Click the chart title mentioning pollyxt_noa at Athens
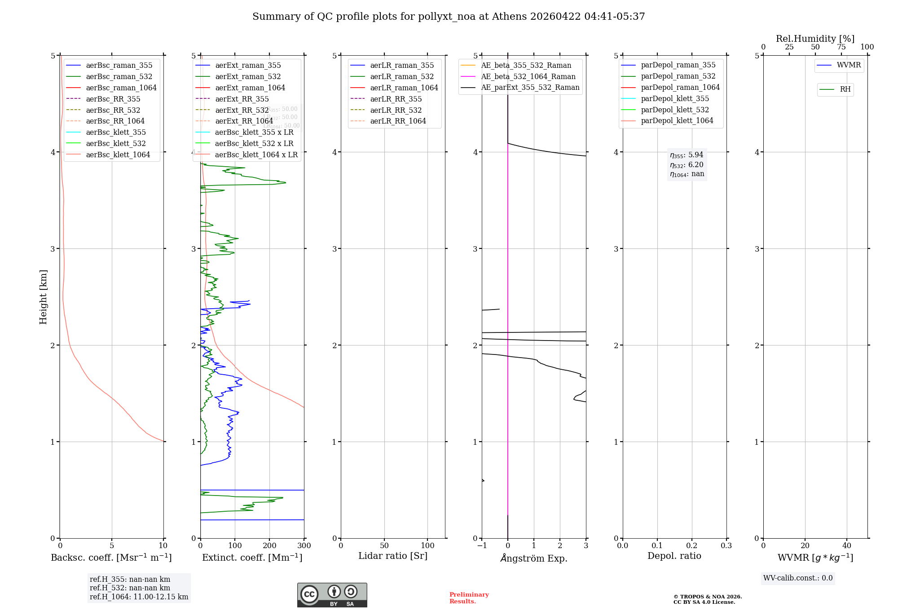(x=449, y=17)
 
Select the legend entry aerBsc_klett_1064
(x=118, y=155)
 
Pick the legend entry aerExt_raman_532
(x=248, y=76)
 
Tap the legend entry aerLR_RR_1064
(x=398, y=121)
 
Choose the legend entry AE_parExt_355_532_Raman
(x=530, y=87)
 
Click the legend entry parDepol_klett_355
(x=675, y=98)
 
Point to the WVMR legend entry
(x=849, y=65)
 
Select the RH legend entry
(x=845, y=89)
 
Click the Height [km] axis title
(x=43, y=297)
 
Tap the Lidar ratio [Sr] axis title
(x=393, y=556)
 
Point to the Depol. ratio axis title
(x=674, y=556)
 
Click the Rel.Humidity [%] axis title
(x=815, y=39)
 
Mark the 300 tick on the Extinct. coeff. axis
(x=304, y=545)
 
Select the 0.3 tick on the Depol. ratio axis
(x=726, y=545)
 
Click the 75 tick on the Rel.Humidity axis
(x=841, y=47)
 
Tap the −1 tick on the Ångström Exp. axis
(x=482, y=545)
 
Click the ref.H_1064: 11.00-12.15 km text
(x=139, y=597)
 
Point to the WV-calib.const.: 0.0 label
(x=798, y=578)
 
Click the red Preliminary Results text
(x=469, y=598)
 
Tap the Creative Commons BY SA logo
(x=332, y=595)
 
